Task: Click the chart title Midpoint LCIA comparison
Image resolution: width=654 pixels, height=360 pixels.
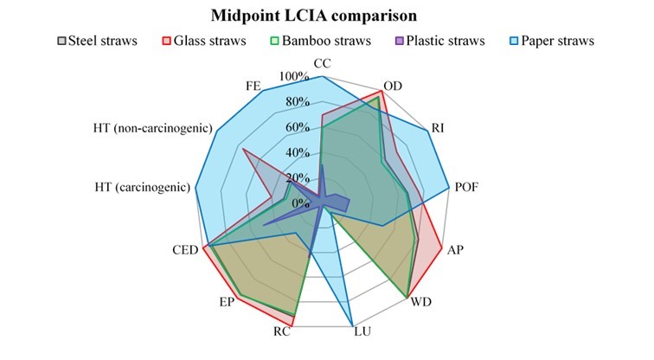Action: tap(326, 16)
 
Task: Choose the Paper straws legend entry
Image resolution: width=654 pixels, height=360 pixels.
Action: tap(566, 41)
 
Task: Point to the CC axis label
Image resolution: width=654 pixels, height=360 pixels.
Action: tap(321, 64)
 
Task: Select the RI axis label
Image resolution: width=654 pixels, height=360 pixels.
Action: tap(439, 129)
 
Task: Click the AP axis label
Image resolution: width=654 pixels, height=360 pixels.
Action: tap(456, 249)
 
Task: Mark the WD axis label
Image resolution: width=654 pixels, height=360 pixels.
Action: tap(422, 302)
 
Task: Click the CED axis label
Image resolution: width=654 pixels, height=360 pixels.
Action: tap(186, 250)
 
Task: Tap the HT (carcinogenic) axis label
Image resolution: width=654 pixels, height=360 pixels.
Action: tap(142, 187)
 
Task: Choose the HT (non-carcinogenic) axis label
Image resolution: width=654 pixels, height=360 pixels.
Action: tap(153, 129)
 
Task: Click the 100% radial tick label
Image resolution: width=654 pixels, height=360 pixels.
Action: tap(293, 77)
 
